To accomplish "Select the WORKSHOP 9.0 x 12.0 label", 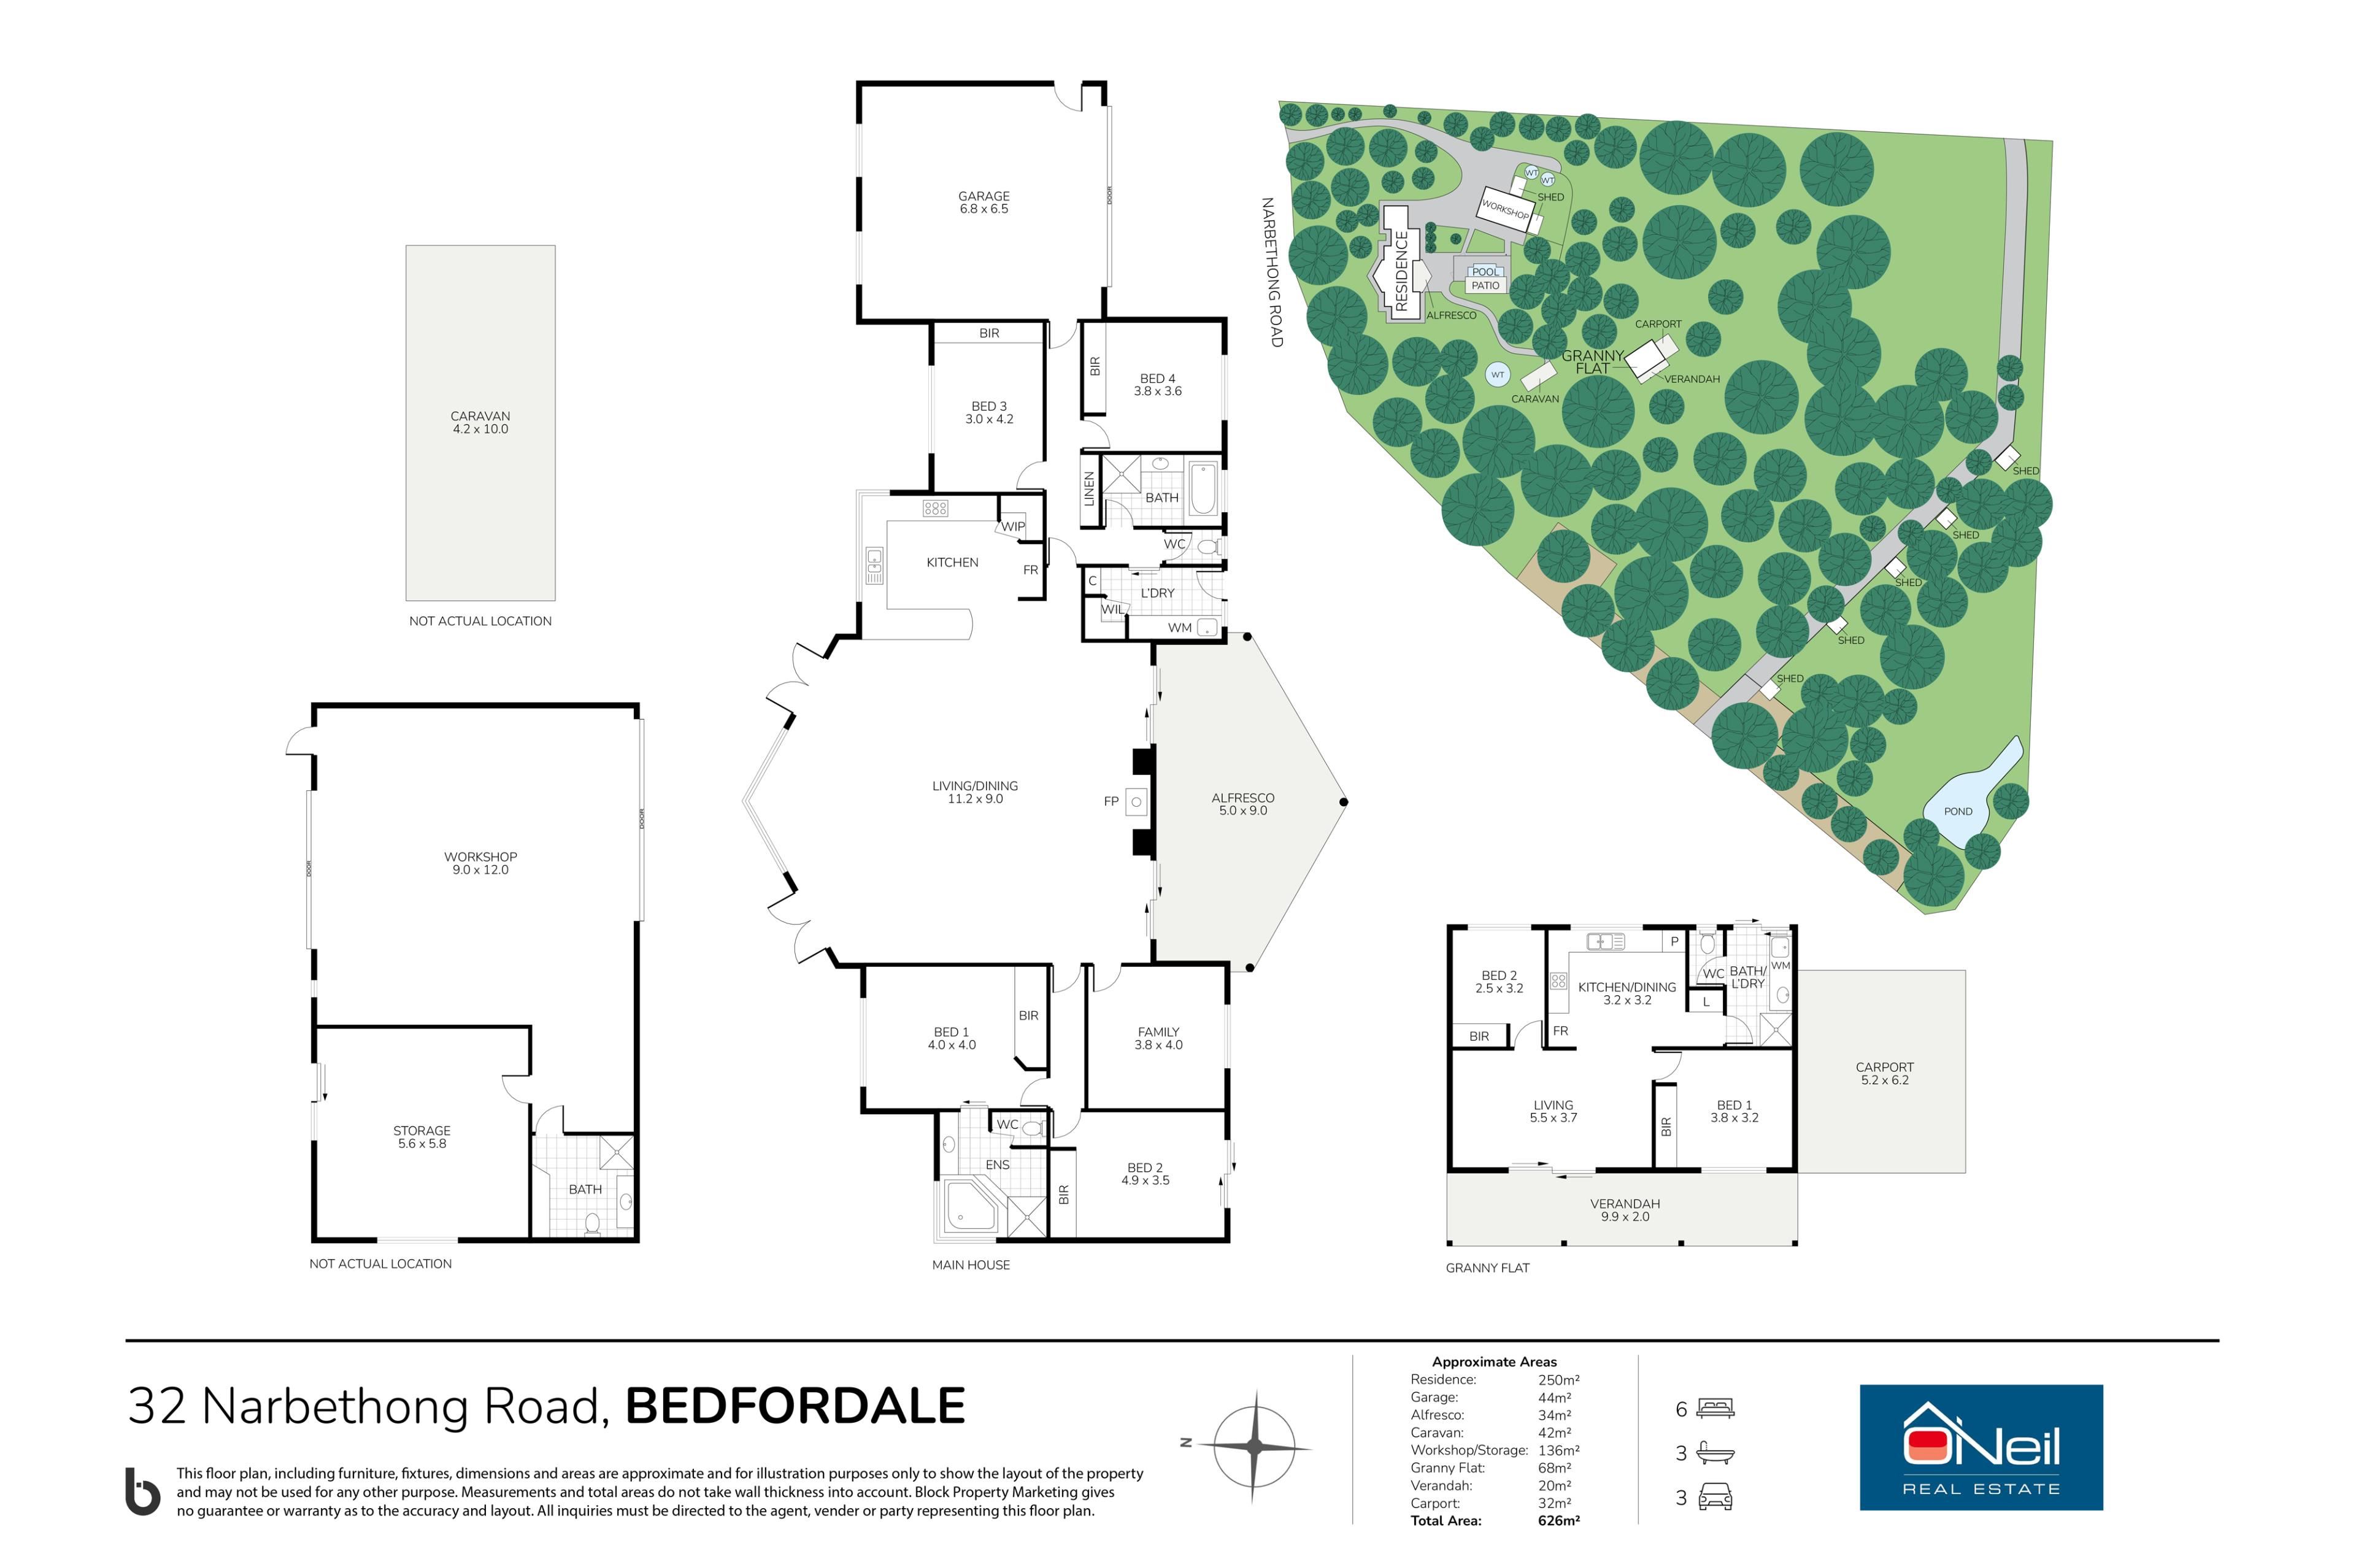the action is [480, 863].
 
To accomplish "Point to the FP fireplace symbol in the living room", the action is [1136, 801].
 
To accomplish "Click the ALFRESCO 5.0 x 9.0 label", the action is [1243, 804].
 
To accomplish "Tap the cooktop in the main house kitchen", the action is [935, 507].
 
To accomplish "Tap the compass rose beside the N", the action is [1255, 1446].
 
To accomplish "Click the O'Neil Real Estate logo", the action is [1981, 1447].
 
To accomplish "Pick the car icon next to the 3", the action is [1715, 1497].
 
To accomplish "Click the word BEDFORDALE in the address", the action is [795, 1406].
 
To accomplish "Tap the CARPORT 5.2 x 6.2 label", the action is [1884, 1073].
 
